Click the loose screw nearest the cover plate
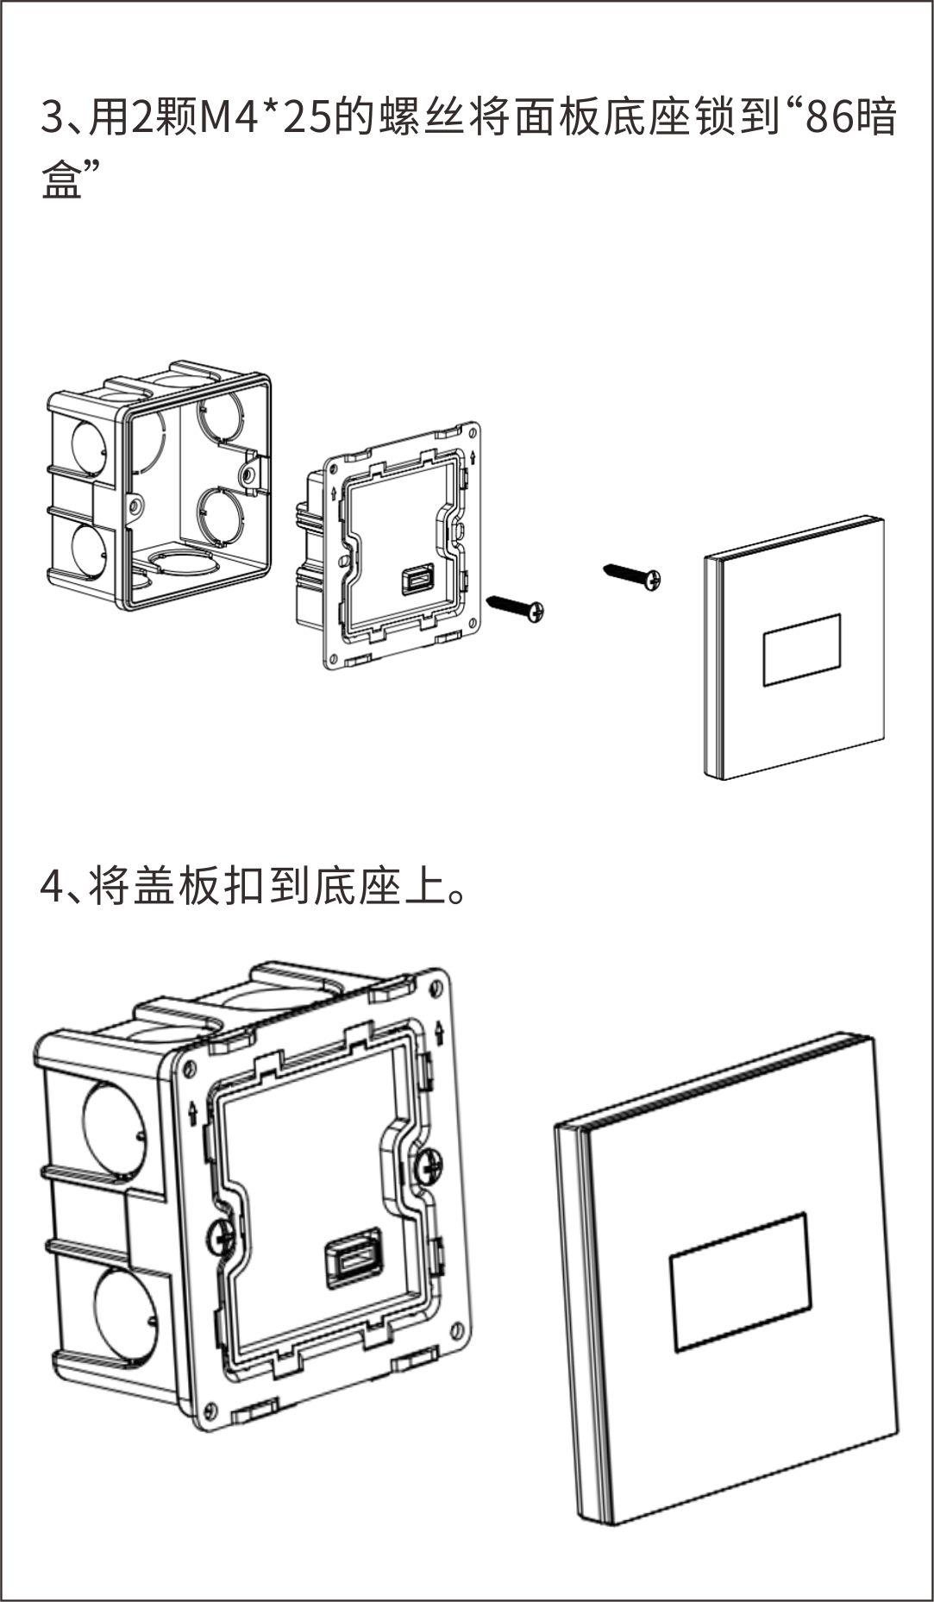point(633,575)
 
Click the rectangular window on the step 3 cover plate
point(802,650)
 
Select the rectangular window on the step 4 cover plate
point(740,1282)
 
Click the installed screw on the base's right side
point(429,1168)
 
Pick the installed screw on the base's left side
point(221,1238)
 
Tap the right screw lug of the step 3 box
point(249,473)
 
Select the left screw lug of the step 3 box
point(134,507)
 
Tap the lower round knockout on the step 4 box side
point(126,1313)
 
